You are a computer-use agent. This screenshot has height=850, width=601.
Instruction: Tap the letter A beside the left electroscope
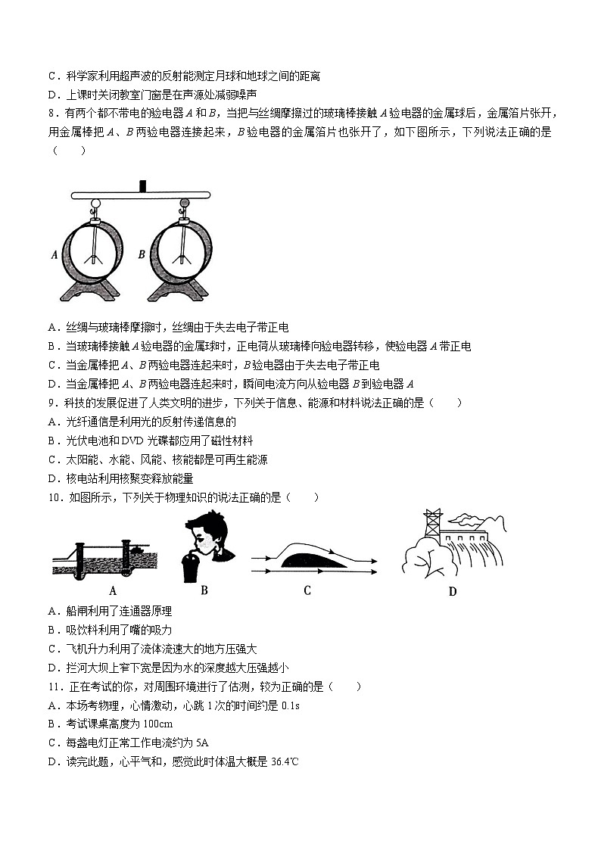[x=54, y=255]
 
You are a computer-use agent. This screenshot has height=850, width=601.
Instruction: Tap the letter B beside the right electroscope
[x=142, y=255]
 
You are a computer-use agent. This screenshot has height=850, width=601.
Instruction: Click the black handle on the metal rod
[x=142, y=186]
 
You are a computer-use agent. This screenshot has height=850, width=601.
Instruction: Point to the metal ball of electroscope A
[x=97, y=203]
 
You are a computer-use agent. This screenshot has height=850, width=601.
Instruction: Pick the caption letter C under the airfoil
[x=307, y=590]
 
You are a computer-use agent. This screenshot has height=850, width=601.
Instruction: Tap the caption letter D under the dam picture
[x=452, y=591]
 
